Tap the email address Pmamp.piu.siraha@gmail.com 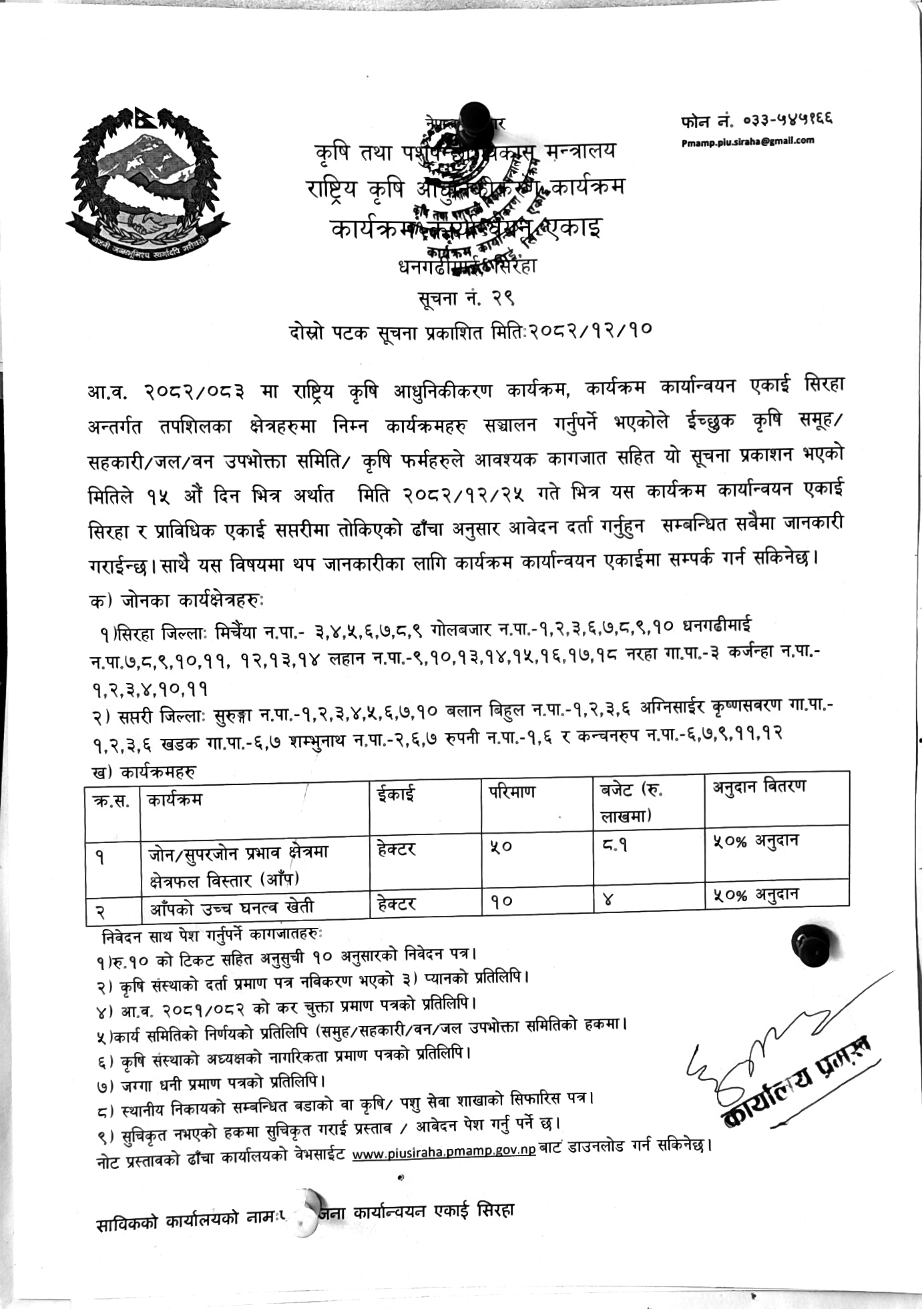[x=748, y=141]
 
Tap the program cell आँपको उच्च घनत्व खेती [x=231, y=906]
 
